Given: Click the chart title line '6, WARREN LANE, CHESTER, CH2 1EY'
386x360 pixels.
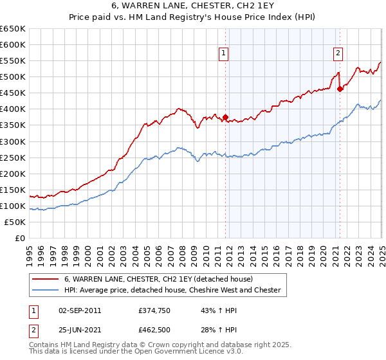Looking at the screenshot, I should [192, 6].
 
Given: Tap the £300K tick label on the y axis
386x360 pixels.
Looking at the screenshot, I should [13, 141].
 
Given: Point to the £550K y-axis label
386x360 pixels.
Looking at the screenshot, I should [13, 61].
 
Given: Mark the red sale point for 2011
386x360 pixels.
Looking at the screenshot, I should [225, 117].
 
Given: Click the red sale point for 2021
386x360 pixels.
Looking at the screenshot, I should [340, 89].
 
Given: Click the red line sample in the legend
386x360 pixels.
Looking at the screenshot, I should [46, 280].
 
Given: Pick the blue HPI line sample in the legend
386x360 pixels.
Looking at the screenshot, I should [46, 290].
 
